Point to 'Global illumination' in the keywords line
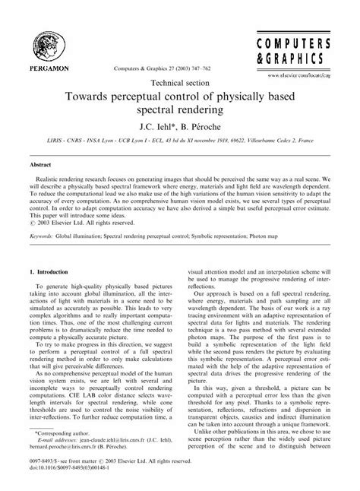88,256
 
